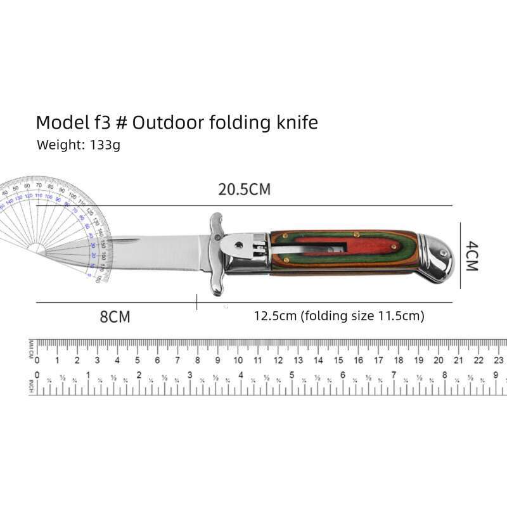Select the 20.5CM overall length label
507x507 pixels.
[244, 189]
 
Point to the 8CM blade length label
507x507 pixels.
[115, 317]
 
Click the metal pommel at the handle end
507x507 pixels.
[437, 257]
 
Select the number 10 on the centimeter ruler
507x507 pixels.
[238, 360]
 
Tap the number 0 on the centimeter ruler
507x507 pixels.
[37, 360]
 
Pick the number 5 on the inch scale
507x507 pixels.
[292, 375]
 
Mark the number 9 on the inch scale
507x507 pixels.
[496, 375]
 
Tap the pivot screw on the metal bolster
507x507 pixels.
[238, 243]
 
